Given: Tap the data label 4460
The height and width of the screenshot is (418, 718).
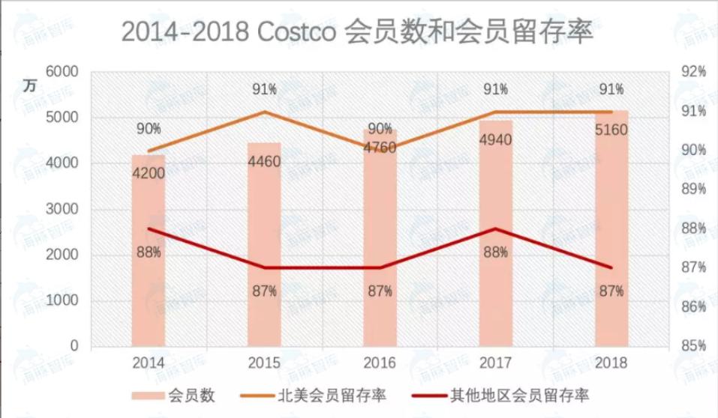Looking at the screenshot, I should tap(264, 161).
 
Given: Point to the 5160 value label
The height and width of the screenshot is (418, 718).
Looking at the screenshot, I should tap(611, 130).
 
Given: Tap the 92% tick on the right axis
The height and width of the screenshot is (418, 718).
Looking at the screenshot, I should tap(692, 72).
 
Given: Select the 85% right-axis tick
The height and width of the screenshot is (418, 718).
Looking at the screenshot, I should tap(692, 346).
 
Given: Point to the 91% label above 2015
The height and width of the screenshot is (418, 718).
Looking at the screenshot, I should tap(264, 90).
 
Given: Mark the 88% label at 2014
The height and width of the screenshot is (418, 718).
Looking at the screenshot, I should tap(149, 252).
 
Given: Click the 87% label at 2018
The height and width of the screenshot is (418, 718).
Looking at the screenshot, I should tap(611, 291).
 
